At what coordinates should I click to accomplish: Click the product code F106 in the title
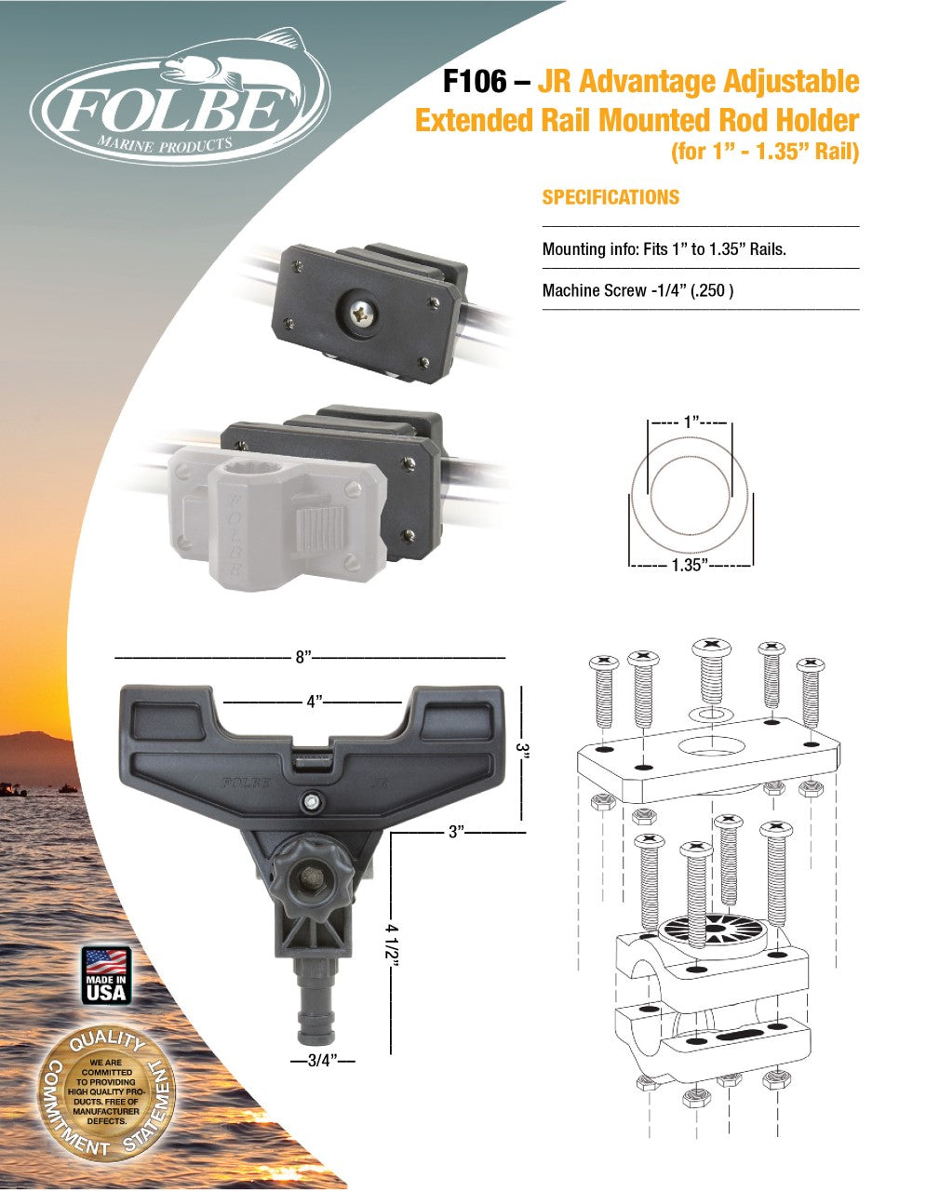[x=475, y=82]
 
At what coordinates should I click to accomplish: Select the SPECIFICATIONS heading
[x=611, y=197]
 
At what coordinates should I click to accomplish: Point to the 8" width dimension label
[x=303, y=657]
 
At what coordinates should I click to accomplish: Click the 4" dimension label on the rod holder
[x=314, y=703]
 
